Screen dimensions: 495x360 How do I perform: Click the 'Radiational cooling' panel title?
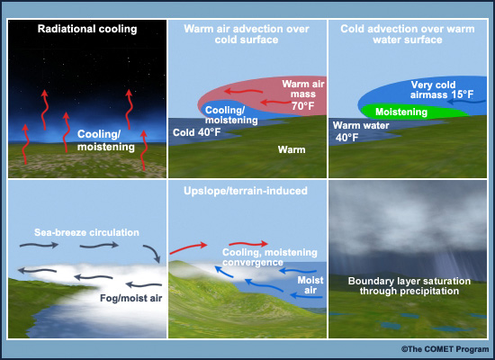click(87, 29)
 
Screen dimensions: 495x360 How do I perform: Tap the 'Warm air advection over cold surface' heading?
click(247, 34)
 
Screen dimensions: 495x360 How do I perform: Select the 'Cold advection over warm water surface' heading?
click(408, 34)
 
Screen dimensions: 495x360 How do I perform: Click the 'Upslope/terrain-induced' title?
click(246, 191)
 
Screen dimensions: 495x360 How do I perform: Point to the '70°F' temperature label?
click(302, 106)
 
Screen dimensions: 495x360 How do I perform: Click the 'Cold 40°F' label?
click(196, 132)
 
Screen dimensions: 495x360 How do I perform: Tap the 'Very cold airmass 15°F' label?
click(442, 90)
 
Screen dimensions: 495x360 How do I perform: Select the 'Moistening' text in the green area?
click(401, 112)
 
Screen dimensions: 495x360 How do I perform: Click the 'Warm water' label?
click(361, 125)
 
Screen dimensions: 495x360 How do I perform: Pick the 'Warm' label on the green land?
click(292, 149)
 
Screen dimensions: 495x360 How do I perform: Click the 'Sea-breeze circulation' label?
click(86, 232)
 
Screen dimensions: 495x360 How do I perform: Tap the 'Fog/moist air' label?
click(131, 298)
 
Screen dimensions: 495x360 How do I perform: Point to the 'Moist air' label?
click(310, 285)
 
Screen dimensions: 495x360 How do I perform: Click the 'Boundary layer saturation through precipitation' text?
click(409, 286)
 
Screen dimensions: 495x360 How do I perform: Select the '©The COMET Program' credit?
click(445, 349)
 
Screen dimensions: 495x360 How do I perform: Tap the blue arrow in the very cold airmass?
click(466, 102)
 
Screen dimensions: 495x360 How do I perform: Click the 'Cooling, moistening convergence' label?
click(270, 257)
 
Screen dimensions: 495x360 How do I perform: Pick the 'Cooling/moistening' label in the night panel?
click(106, 140)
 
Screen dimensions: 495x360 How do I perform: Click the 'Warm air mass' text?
click(303, 89)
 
